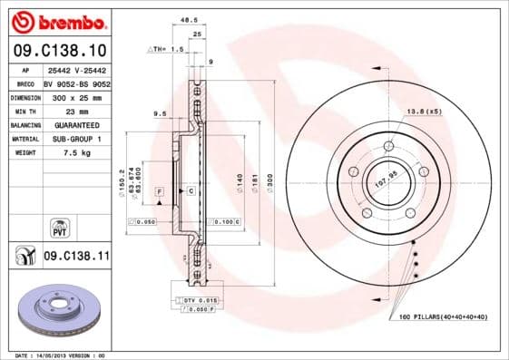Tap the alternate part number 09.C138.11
[x=76, y=258]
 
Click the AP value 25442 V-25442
[x=78, y=70]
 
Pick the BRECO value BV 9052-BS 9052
[x=78, y=83]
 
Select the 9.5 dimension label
[x=161, y=113]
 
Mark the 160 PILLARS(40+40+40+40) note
[x=443, y=316]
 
